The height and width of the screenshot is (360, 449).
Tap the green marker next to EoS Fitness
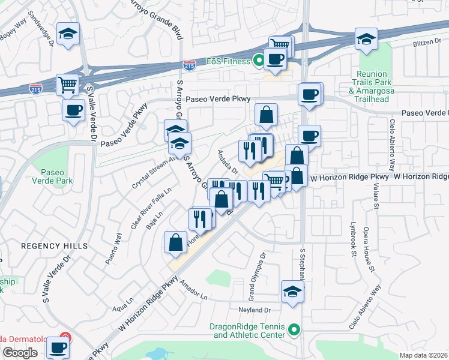click(x=259, y=61)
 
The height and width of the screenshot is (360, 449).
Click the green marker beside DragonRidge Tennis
click(x=294, y=329)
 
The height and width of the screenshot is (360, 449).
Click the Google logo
click(x=20, y=353)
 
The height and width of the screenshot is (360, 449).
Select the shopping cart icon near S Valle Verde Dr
click(x=68, y=85)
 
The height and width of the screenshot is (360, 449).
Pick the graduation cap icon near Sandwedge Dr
click(x=68, y=34)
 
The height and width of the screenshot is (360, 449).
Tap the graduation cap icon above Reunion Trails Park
click(x=366, y=39)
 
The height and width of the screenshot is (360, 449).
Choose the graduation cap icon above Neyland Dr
click(x=292, y=292)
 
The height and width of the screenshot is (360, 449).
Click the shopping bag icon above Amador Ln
click(x=176, y=242)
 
